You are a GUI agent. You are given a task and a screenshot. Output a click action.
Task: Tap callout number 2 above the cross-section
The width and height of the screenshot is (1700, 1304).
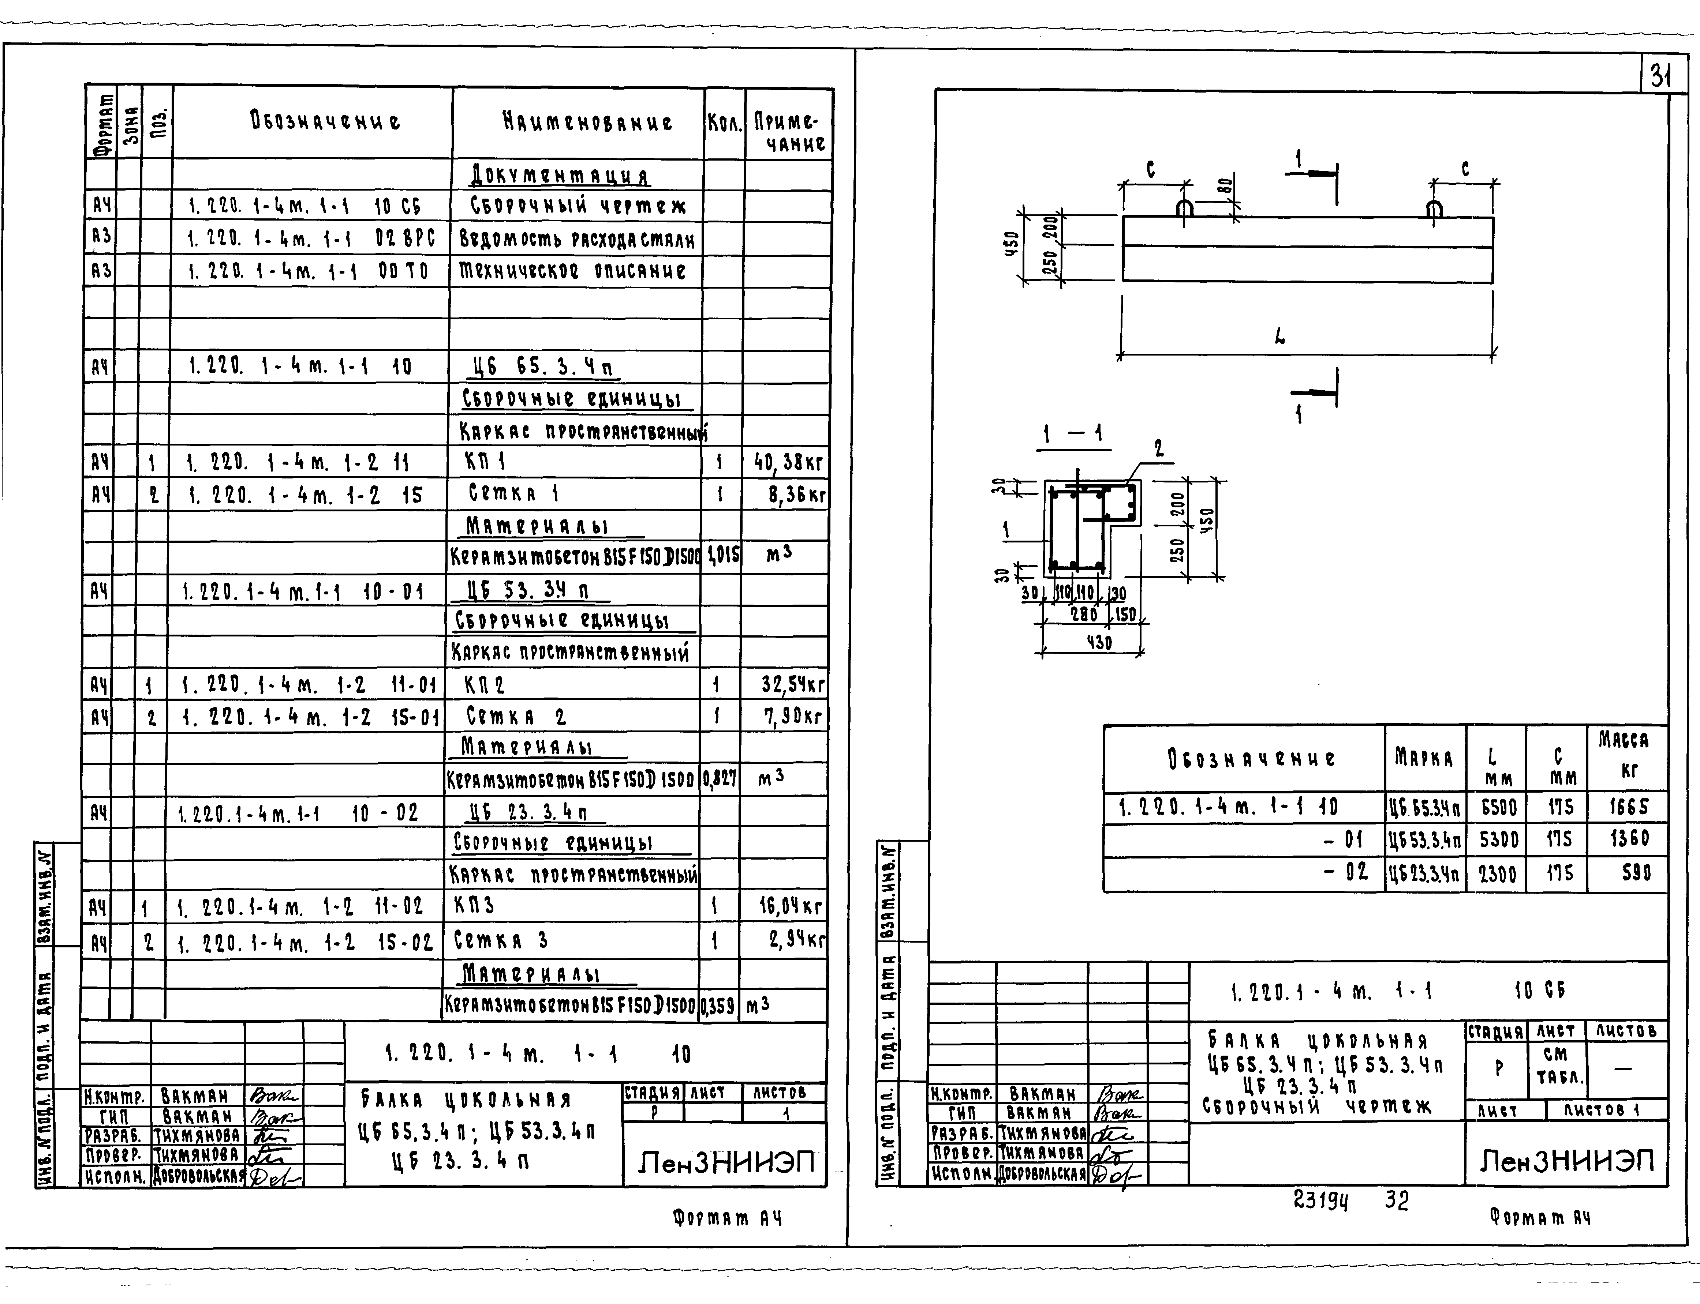1159,449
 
